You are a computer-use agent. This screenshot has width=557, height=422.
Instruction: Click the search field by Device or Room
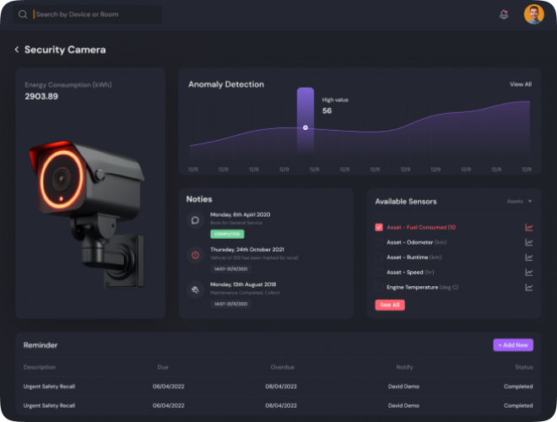93,14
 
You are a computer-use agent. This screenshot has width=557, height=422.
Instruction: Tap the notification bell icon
504,14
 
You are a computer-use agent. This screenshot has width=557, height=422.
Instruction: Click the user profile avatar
533,14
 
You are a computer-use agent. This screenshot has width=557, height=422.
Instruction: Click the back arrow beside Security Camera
16,50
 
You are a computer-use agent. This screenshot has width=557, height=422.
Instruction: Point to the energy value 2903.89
41,97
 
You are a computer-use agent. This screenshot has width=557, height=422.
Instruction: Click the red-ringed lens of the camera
60,177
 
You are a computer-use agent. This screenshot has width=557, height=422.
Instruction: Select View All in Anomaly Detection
521,84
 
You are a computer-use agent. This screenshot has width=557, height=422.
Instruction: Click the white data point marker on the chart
306,127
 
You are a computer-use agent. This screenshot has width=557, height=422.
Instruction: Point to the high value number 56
327,111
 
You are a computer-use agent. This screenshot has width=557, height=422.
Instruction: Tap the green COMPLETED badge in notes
227,234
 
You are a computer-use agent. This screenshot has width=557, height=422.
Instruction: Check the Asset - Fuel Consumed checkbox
379,227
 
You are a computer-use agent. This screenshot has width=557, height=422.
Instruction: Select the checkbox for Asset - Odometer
379,242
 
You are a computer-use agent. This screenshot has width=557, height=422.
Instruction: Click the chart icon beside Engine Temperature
529,287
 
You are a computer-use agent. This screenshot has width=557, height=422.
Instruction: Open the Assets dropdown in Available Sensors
519,202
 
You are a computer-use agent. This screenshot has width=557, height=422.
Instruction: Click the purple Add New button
513,345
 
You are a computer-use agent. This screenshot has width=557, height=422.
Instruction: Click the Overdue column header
283,367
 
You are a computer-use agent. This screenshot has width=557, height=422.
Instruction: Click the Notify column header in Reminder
404,367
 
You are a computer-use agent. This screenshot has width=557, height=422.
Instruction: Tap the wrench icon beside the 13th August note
195,289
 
